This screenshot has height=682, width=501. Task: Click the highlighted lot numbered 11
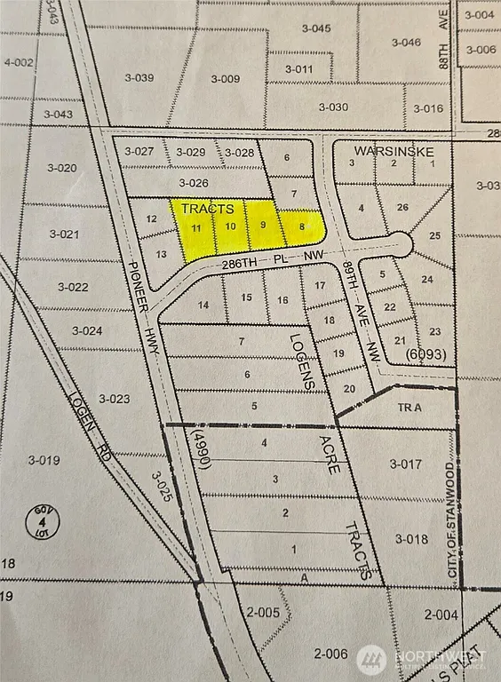(x=197, y=227)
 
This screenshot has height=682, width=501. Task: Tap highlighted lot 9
(x=262, y=225)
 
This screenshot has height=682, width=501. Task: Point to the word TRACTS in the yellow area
(x=207, y=209)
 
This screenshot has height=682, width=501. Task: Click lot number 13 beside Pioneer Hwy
(x=161, y=254)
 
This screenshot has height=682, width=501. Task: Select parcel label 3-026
(x=194, y=183)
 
